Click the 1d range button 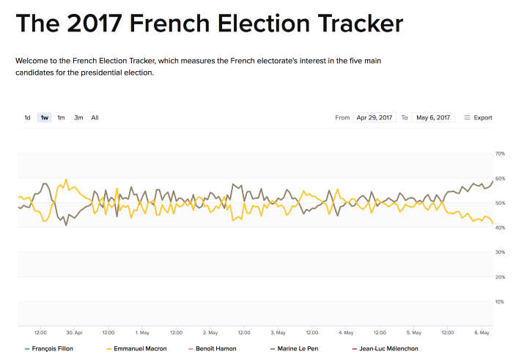27,117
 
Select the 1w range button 45,117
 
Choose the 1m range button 62,117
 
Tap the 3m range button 78,117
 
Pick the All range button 95,117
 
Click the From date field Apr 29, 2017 374,117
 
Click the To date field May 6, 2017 433,117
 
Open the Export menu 479,117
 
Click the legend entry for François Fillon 52,348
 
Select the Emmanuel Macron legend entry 140,348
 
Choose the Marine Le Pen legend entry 301,348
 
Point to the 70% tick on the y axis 501,153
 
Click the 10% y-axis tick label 501,301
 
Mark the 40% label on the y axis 501,227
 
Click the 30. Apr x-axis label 74,332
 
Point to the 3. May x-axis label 278,332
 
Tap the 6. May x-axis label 481,332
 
